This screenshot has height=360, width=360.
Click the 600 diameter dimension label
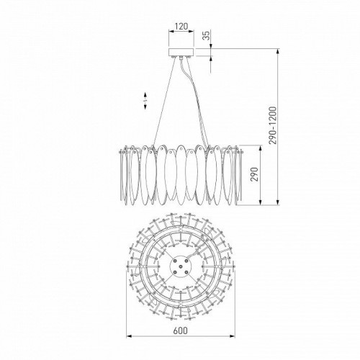tap(180, 330)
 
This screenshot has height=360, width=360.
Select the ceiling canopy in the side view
tap(180, 53)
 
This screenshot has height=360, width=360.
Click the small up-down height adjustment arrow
tap(145, 101)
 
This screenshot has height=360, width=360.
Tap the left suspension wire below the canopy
tap(162, 101)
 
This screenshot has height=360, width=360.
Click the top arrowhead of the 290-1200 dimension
tap(279, 50)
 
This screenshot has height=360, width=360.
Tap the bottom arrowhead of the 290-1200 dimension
tap(279, 206)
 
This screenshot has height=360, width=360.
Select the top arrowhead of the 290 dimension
tap(256, 145)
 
